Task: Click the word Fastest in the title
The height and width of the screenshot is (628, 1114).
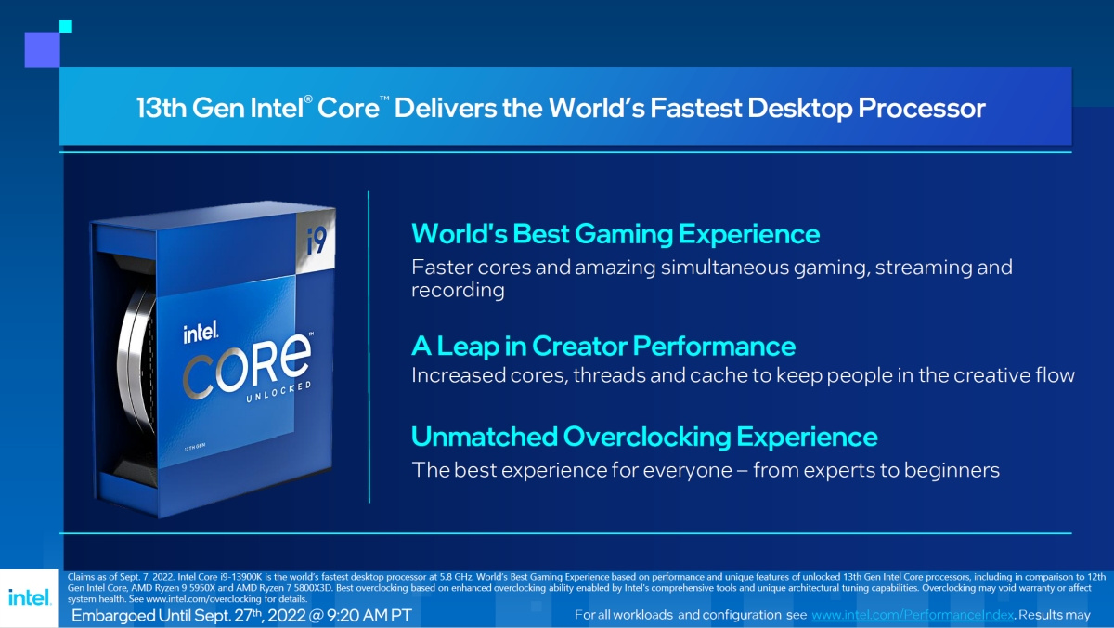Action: (695, 108)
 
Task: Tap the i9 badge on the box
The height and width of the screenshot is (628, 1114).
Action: (316, 242)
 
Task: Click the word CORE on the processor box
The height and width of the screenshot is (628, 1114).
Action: (247, 366)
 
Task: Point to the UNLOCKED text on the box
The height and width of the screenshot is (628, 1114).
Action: (279, 392)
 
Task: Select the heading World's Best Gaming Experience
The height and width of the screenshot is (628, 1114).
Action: (615, 234)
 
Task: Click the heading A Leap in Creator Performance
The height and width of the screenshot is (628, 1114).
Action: (603, 346)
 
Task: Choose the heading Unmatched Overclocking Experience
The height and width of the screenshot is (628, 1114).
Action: (644, 437)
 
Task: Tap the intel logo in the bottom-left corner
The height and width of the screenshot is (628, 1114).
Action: (30, 597)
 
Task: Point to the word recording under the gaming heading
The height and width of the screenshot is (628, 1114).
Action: (458, 290)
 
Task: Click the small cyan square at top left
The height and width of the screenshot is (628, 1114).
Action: (66, 26)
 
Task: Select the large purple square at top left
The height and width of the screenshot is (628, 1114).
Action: (43, 50)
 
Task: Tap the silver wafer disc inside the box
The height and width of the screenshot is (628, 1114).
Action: (136, 362)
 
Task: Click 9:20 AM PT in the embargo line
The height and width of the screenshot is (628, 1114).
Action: (369, 616)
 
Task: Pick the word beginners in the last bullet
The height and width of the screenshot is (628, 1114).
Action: (952, 470)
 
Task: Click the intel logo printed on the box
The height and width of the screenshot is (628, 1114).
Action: (201, 332)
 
